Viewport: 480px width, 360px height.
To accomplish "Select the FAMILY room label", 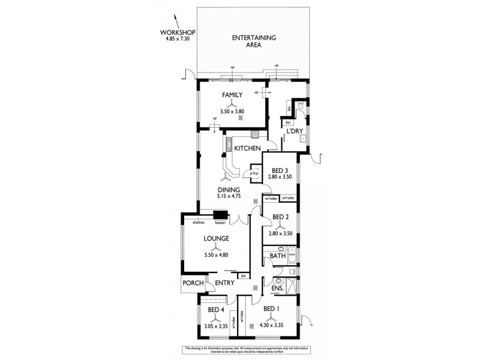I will (x=232, y=95).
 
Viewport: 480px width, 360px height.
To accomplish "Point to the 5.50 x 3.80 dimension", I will (x=232, y=112).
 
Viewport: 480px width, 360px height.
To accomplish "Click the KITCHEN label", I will (x=247, y=148).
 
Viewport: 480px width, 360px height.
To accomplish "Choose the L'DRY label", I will (x=293, y=131).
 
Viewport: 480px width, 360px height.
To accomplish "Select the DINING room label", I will (x=229, y=190).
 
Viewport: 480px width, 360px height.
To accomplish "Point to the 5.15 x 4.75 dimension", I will (x=229, y=196).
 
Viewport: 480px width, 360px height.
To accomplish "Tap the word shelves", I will (x=199, y=222).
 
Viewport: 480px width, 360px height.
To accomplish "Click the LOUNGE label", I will (x=215, y=238).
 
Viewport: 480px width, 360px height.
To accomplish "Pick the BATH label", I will (x=277, y=256).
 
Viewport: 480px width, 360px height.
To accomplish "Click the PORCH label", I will (x=193, y=284).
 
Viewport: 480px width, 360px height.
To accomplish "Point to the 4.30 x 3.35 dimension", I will (x=271, y=326).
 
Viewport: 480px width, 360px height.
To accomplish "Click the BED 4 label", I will (x=215, y=310).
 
